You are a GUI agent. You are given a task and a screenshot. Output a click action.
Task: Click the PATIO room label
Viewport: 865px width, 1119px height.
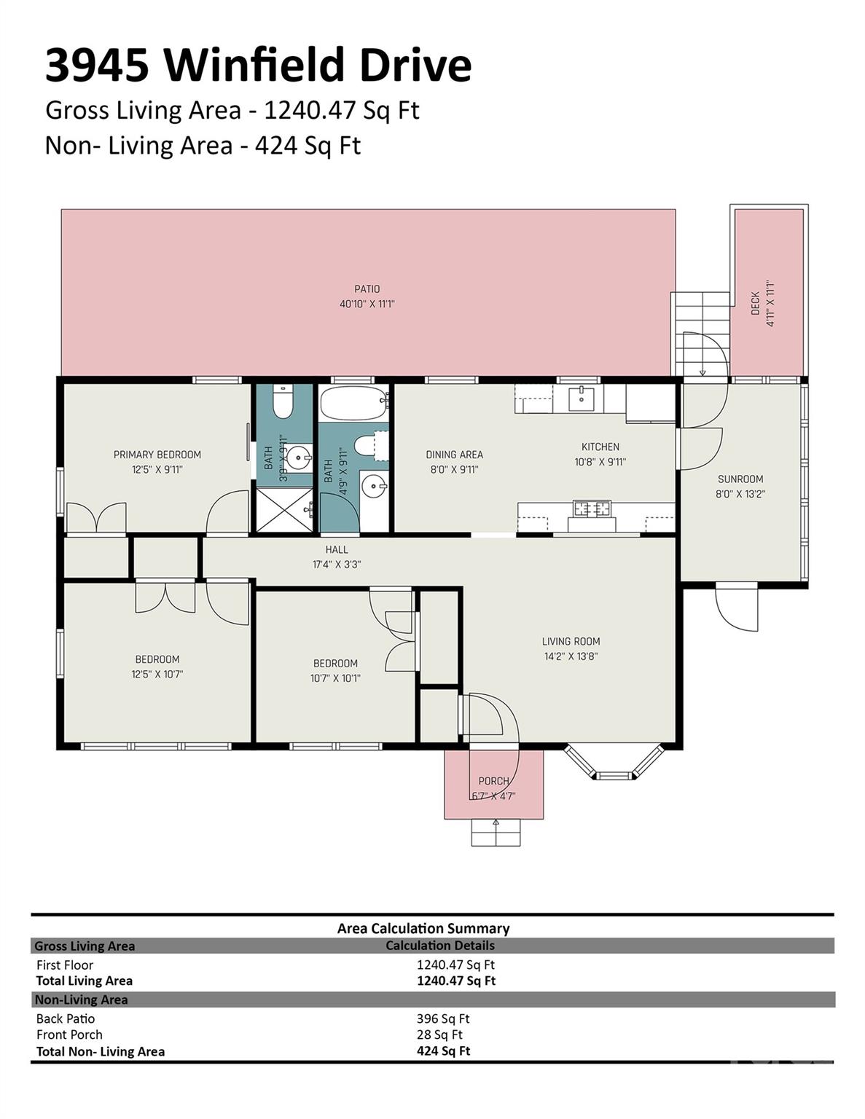coord(367,289)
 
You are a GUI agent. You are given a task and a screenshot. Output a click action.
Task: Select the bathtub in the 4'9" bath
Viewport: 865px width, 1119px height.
coord(353,402)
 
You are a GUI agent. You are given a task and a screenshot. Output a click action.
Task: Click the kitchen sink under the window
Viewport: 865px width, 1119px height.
coord(581,399)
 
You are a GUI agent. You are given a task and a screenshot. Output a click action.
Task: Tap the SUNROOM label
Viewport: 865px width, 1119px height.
coord(740,479)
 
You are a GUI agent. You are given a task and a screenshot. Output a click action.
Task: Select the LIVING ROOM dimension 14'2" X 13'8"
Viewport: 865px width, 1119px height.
coord(571,656)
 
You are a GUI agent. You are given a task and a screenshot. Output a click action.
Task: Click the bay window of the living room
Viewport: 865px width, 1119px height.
coord(614,763)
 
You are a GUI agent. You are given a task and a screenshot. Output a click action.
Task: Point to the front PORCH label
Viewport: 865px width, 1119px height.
coord(494,781)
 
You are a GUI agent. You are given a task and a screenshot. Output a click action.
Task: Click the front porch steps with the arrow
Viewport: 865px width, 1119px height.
coord(496,832)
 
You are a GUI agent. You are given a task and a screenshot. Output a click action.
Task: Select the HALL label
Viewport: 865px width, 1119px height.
coord(337,549)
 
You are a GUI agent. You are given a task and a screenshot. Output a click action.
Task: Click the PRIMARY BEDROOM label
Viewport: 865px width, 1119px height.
coord(157,455)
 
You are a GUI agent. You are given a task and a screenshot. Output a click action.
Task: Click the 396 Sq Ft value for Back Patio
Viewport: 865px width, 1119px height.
coord(443,1018)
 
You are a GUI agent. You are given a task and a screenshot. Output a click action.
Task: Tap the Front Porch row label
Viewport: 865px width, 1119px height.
coord(69,1034)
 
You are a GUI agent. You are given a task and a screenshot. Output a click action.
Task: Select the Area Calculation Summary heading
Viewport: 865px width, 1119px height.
coord(423,928)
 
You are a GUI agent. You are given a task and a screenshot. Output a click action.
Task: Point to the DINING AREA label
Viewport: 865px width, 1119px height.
coord(455,455)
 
